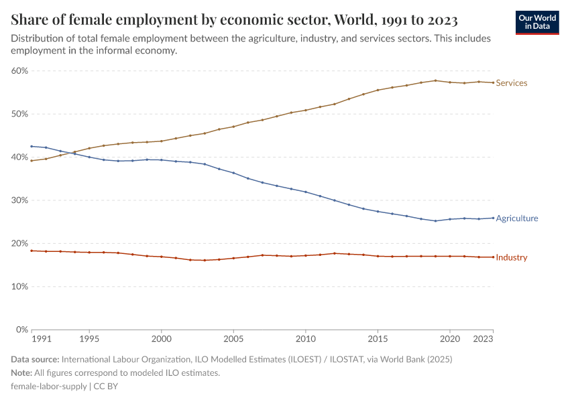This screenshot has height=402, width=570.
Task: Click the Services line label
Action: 511,83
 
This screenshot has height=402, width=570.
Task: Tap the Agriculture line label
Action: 516,218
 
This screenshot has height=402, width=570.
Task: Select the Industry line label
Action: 511,258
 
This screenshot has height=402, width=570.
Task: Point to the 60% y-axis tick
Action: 19,71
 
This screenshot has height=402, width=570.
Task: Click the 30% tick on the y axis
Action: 19,200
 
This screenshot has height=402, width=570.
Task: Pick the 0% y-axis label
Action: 22,330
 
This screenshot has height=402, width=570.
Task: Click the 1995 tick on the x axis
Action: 89,339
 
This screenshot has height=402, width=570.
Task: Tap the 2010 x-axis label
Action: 305,339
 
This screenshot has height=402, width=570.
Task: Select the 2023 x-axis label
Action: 493,339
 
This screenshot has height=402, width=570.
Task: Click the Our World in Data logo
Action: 537,22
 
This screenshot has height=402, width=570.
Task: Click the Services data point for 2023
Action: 493,83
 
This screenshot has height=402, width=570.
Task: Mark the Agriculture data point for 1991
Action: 32,146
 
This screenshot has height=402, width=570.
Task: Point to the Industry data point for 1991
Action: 32,251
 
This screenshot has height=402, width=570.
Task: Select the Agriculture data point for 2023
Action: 493,218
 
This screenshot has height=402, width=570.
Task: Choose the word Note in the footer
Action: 21,373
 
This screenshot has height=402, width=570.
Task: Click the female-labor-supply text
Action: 49,386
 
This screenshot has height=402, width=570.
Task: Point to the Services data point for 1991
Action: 32,161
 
